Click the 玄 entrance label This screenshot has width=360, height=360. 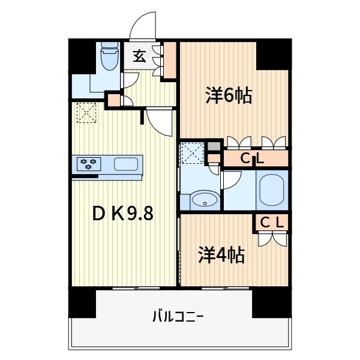[x=139, y=57]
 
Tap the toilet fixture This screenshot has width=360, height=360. [x=109, y=58]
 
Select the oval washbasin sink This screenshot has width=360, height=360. [x=205, y=200]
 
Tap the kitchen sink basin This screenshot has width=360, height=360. [x=125, y=164]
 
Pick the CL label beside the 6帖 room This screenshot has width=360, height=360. [x=254, y=158]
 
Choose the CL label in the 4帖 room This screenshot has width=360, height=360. [x=271, y=223]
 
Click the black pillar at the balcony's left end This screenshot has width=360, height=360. [x=82, y=303]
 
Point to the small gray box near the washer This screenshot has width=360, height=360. [x=214, y=146]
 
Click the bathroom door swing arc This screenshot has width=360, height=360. [x=231, y=179]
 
